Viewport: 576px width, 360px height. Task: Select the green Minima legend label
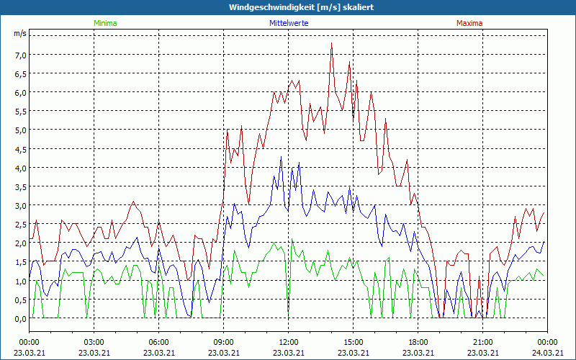104,23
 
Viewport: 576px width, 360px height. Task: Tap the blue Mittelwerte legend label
289,23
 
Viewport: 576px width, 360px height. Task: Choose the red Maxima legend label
469,23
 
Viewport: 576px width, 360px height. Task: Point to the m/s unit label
19,34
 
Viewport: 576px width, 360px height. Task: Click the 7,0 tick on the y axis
20,55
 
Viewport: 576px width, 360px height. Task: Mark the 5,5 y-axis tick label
20,112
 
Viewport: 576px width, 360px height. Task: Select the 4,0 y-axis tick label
20,168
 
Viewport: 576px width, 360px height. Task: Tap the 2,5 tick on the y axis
20,225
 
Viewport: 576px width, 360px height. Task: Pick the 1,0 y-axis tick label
20,281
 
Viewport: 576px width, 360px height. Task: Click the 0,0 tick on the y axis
20,318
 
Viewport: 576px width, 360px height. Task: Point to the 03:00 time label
94,342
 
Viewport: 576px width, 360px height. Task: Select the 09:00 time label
224,342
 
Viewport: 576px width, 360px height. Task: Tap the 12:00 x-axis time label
289,342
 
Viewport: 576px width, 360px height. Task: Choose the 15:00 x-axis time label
354,342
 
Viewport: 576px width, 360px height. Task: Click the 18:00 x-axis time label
418,342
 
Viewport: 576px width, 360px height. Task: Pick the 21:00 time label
483,342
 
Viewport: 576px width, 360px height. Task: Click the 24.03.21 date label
548,352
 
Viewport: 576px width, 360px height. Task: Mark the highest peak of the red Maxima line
331,43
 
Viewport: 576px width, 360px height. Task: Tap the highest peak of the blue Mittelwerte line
282,157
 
